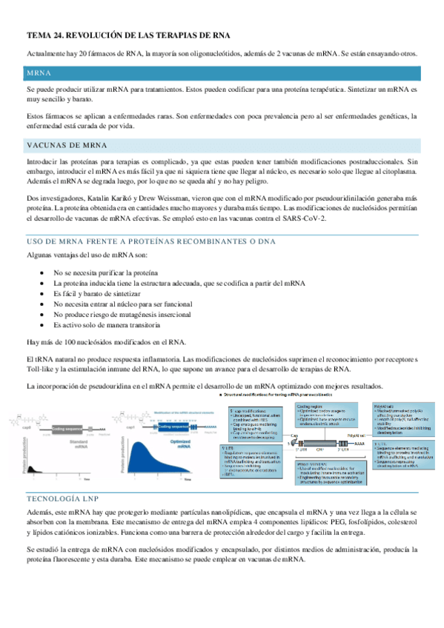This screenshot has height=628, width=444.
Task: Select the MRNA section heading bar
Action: click(222, 74)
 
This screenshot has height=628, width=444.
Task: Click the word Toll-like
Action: click(42, 369)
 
